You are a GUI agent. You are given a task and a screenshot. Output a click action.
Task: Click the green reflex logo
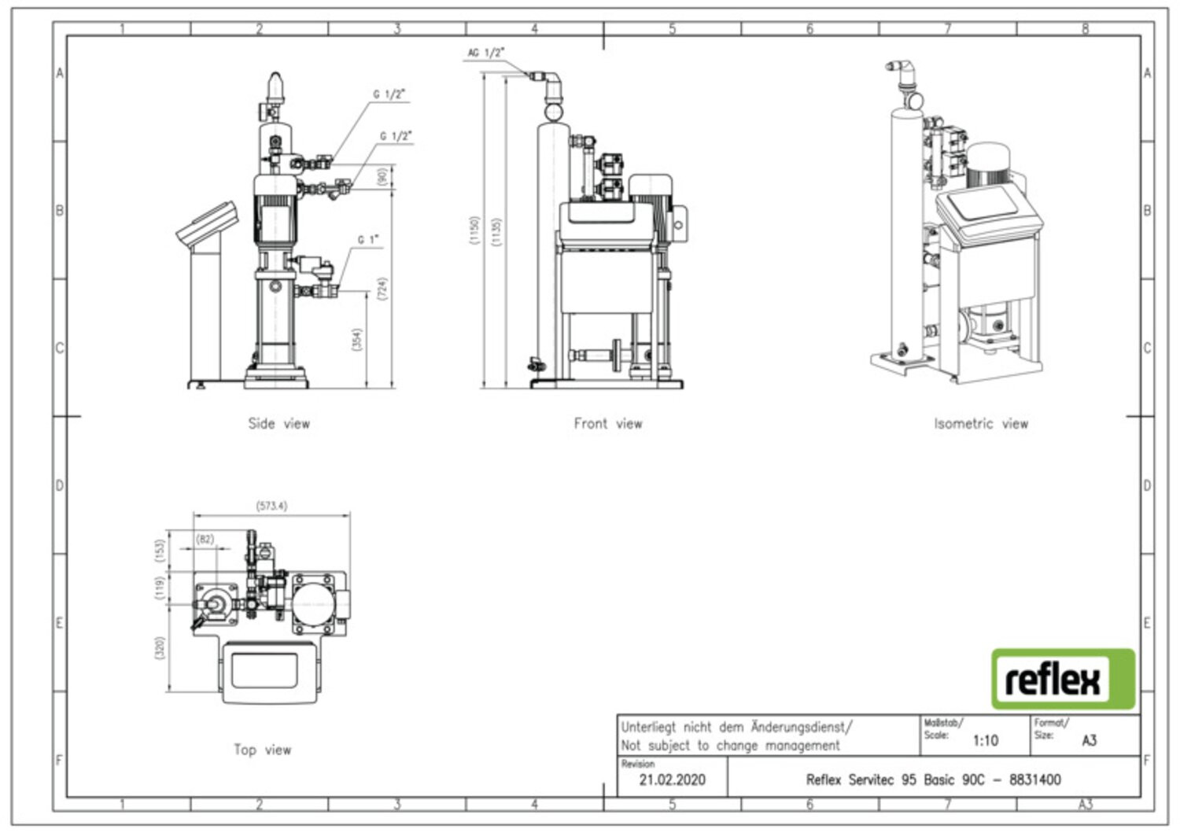tap(1063, 679)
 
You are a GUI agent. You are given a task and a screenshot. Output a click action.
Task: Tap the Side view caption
tap(279, 423)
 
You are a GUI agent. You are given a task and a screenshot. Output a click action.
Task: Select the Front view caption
tap(607, 423)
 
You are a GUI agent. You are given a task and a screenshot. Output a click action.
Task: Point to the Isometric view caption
tap(980, 423)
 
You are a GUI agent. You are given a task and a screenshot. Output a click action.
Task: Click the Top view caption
tap(262, 750)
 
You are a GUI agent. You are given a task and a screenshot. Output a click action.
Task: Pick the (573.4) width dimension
tap(271, 506)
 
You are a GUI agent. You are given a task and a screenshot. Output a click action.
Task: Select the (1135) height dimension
tap(496, 231)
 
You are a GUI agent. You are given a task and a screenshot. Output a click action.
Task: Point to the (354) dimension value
tap(357, 340)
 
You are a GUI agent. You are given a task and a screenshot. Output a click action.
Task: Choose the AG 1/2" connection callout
tap(486, 53)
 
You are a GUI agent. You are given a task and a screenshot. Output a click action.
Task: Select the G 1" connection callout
tap(368, 239)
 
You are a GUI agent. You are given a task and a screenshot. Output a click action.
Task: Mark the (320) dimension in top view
tap(160, 648)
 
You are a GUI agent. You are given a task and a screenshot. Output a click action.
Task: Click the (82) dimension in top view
tap(205, 539)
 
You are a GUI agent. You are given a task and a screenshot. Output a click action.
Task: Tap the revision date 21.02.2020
tap(672, 780)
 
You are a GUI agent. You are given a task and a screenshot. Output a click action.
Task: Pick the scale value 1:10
tap(985, 740)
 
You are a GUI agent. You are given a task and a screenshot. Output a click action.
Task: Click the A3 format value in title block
tap(1089, 740)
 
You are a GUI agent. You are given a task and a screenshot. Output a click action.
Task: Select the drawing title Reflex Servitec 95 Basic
tap(933, 780)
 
